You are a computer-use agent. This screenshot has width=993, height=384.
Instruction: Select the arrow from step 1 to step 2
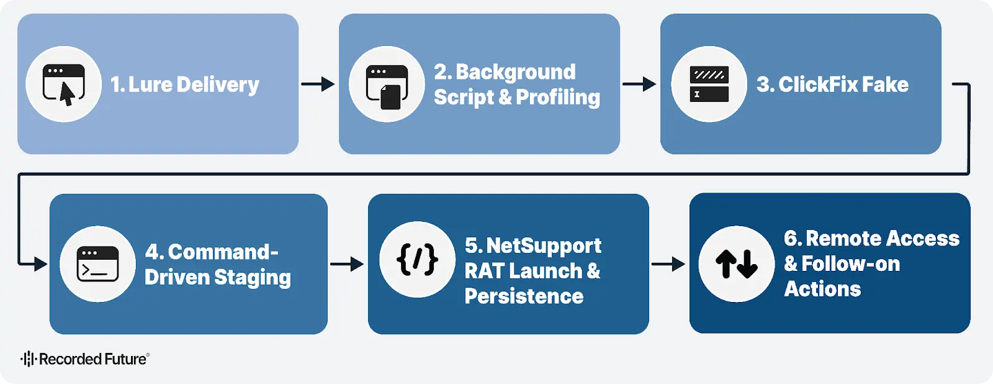click(x=318, y=84)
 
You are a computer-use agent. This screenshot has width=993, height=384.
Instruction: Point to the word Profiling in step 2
click(x=557, y=98)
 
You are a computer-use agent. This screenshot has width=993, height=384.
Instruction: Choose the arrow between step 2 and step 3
click(x=639, y=84)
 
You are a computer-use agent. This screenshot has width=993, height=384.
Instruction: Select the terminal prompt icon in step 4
click(x=97, y=264)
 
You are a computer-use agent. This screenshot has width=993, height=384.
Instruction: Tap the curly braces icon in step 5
click(x=417, y=259)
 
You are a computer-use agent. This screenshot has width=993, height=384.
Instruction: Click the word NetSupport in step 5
click(x=543, y=246)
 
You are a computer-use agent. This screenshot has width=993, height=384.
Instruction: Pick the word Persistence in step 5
click(x=524, y=296)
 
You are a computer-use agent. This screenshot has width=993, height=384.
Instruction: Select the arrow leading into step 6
click(x=668, y=264)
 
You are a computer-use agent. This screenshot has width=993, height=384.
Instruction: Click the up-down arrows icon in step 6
click(x=736, y=264)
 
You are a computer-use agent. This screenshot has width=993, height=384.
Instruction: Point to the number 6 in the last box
click(x=790, y=239)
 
